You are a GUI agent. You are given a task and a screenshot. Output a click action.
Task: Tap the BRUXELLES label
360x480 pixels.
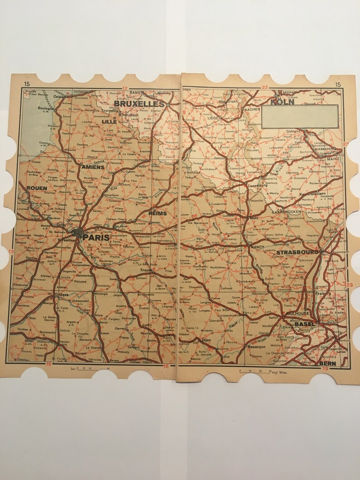(139, 104)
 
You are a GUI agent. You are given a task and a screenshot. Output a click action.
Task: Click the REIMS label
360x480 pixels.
(157, 213)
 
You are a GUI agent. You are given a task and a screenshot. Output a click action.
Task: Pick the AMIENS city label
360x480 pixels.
(93, 167)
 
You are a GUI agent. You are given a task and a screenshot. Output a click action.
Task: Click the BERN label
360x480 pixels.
(327, 364)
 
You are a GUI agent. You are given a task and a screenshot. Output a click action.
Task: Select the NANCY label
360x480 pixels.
(257, 247)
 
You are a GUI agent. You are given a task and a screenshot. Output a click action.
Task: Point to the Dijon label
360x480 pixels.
(206, 339)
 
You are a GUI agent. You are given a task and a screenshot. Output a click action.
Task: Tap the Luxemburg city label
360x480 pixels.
(257, 185)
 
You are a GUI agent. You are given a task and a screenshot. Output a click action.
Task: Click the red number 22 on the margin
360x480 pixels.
(265, 87)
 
